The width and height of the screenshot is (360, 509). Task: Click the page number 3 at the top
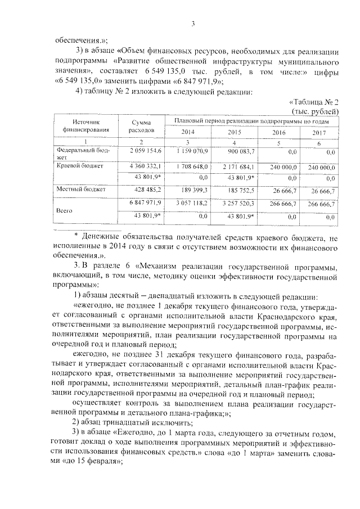192,23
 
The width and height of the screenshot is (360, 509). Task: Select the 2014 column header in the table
187,131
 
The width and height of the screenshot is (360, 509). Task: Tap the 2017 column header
318,131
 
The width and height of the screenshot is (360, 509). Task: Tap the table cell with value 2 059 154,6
146,152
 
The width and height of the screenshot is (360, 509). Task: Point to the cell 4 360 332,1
146,167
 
